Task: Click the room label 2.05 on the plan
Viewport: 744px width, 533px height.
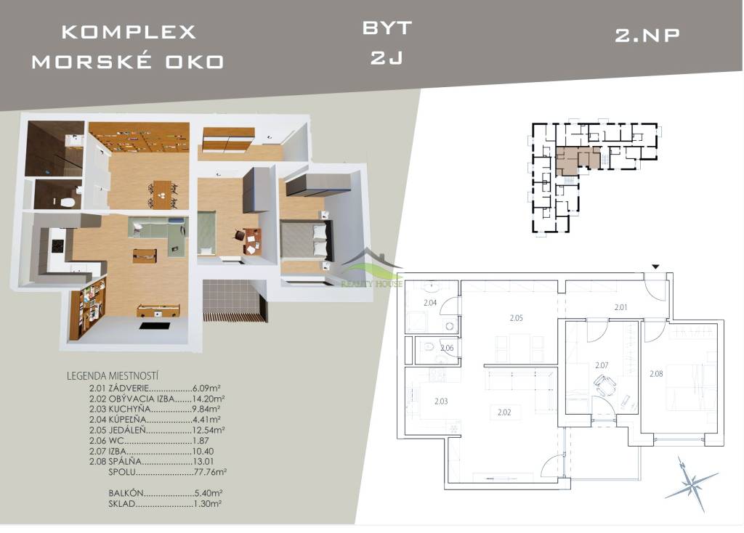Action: [x=517, y=318]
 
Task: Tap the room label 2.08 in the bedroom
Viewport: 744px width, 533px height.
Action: [x=656, y=374]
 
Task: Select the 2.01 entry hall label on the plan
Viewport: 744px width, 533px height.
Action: [x=620, y=307]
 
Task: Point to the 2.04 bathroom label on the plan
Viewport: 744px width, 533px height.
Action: [x=430, y=303]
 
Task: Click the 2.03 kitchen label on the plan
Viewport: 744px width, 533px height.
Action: [x=441, y=401]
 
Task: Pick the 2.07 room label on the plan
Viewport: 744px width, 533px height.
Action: [x=602, y=365]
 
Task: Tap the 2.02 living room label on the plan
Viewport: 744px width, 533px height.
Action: [x=504, y=412]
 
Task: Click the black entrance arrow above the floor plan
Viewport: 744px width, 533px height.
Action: [x=655, y=267]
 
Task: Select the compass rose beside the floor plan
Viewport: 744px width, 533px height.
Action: [x=691, y=483]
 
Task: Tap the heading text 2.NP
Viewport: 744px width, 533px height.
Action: [x=647, y=35]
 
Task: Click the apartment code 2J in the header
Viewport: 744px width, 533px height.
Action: [x=387, y=58]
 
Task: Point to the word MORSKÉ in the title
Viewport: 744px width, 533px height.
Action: [x=92, y=62]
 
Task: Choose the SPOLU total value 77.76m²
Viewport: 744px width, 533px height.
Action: [x=210, y=472]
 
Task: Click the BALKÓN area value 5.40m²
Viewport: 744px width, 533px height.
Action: [x=209, y=493]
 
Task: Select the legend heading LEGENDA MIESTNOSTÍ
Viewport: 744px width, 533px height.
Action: [x=113, y=376]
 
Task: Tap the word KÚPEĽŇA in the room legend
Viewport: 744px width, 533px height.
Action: [x=127, y=419]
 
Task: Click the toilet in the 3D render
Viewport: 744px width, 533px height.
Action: [x=68, y=203]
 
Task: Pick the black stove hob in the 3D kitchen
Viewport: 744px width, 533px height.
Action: [x=57, y=245]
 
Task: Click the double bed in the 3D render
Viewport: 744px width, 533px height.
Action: [x=306, y=240]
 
